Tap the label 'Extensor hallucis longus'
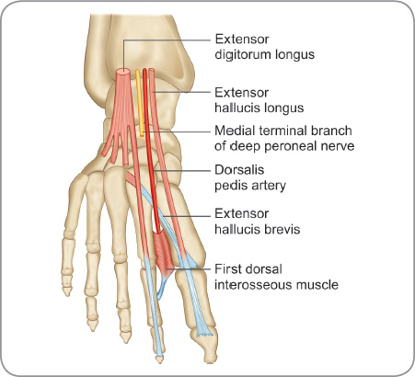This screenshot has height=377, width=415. point(259,100)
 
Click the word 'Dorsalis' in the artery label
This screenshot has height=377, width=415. point(239,170)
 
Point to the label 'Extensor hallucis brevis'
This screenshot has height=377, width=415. point(257,222)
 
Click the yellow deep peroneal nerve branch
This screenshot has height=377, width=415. point(140,103)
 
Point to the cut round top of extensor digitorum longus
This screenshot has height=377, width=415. point(123,73)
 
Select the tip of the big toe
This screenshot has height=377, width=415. point(210,360)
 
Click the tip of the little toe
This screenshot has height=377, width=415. point(67,291)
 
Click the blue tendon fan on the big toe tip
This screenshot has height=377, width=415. point(204,332)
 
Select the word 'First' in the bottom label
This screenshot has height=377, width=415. point(226,269)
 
